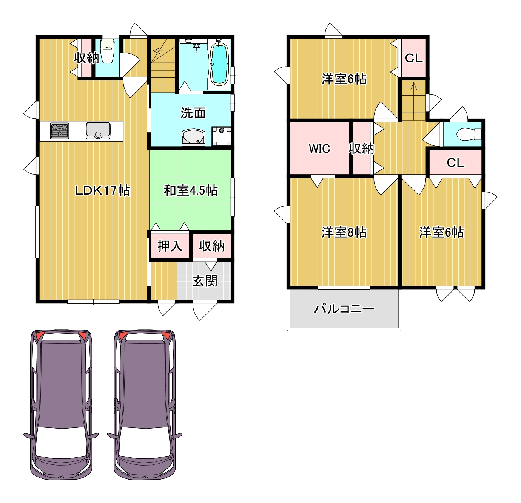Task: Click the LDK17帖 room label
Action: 103,190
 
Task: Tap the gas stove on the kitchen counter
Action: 59,131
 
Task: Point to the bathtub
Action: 219,64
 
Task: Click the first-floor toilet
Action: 107,51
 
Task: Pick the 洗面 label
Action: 193,113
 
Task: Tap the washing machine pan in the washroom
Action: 221,136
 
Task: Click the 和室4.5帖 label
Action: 191,190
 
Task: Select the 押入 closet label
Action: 170,246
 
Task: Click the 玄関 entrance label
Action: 205,281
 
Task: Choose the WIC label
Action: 319,149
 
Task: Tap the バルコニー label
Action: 344,309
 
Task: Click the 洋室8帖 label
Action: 344,232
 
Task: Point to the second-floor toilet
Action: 469,134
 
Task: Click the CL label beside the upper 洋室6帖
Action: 414,58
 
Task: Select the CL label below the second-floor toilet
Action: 455,163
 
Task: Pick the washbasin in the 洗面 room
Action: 193,138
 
